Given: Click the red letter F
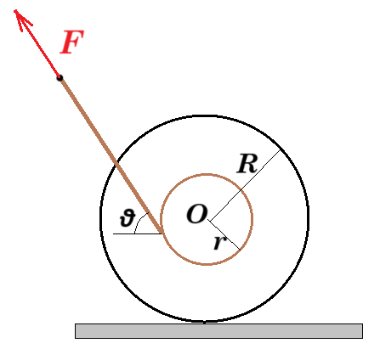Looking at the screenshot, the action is [x=71, y=42].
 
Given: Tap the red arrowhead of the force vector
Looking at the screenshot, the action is [x=21, y=18].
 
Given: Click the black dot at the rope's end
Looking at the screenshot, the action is [x=60, y=78].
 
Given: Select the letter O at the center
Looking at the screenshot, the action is [x=196, y=214].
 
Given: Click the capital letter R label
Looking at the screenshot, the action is [x=247, y=164].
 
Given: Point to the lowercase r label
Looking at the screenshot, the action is [x=220, y=242].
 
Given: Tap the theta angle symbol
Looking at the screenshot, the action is [x=127, y=217].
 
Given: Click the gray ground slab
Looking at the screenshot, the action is [x=218, y=331].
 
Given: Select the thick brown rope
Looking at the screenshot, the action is [x=111, y=155].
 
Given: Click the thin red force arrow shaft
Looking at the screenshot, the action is [x=37, y=43].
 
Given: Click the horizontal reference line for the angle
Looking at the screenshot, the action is [x=138, y=233].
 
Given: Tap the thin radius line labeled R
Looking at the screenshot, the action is [x=245, y=185].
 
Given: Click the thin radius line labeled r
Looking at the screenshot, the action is [x=224, y=235].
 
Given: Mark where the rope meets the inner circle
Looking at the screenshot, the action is [x=162, y=233].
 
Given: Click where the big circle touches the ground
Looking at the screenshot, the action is [x=205, y=322].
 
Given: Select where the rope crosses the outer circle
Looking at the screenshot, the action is [x=116, y=164].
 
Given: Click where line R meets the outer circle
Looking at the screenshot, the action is [x=281, y=149].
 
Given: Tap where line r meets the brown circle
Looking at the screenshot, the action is [x=241, y=250].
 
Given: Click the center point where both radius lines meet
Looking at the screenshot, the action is [x=208, y=220].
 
